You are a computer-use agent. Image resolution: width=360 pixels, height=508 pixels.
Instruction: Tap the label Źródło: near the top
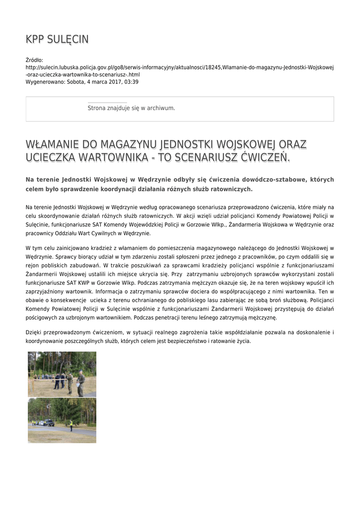coord(34,60)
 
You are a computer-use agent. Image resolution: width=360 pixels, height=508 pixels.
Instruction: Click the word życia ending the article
coord(243,341)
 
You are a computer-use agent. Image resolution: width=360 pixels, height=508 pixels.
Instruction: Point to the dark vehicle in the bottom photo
coord(48,423)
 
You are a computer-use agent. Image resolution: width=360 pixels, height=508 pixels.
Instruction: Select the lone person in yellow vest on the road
coord(71,425)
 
